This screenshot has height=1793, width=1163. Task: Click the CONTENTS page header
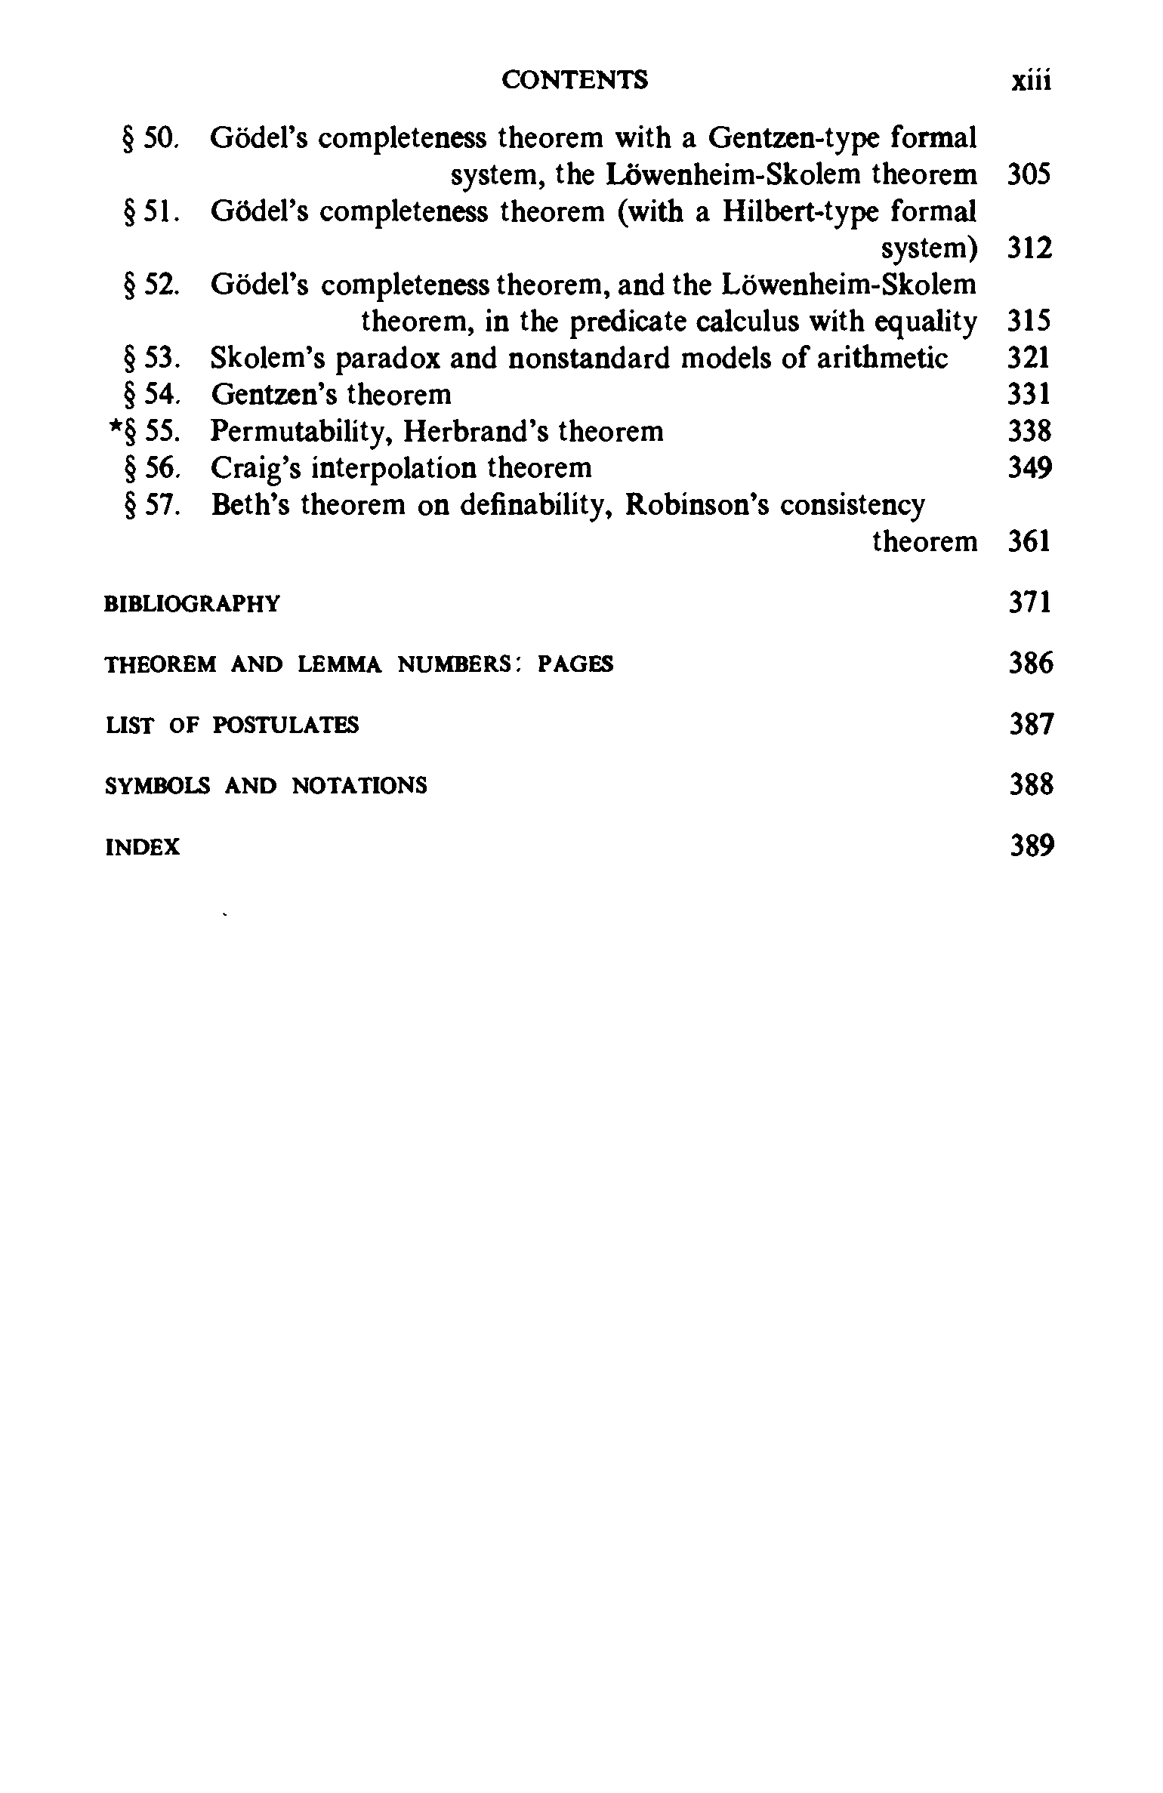click(574, 80)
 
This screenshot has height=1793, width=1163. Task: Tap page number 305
click(1029, 175)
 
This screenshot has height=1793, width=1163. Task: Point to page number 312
click(1029, 248)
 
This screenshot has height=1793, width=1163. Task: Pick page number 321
click(1029, 358)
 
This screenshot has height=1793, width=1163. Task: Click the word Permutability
click(299, 432)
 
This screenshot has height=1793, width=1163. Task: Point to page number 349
click(1029, 468)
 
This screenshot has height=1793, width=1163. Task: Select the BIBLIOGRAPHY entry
click(192, 604)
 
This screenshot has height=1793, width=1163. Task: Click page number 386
click(1031, 664)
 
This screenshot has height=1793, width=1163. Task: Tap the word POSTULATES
click(286, 726)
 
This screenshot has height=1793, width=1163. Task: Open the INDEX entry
click(143, 847)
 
